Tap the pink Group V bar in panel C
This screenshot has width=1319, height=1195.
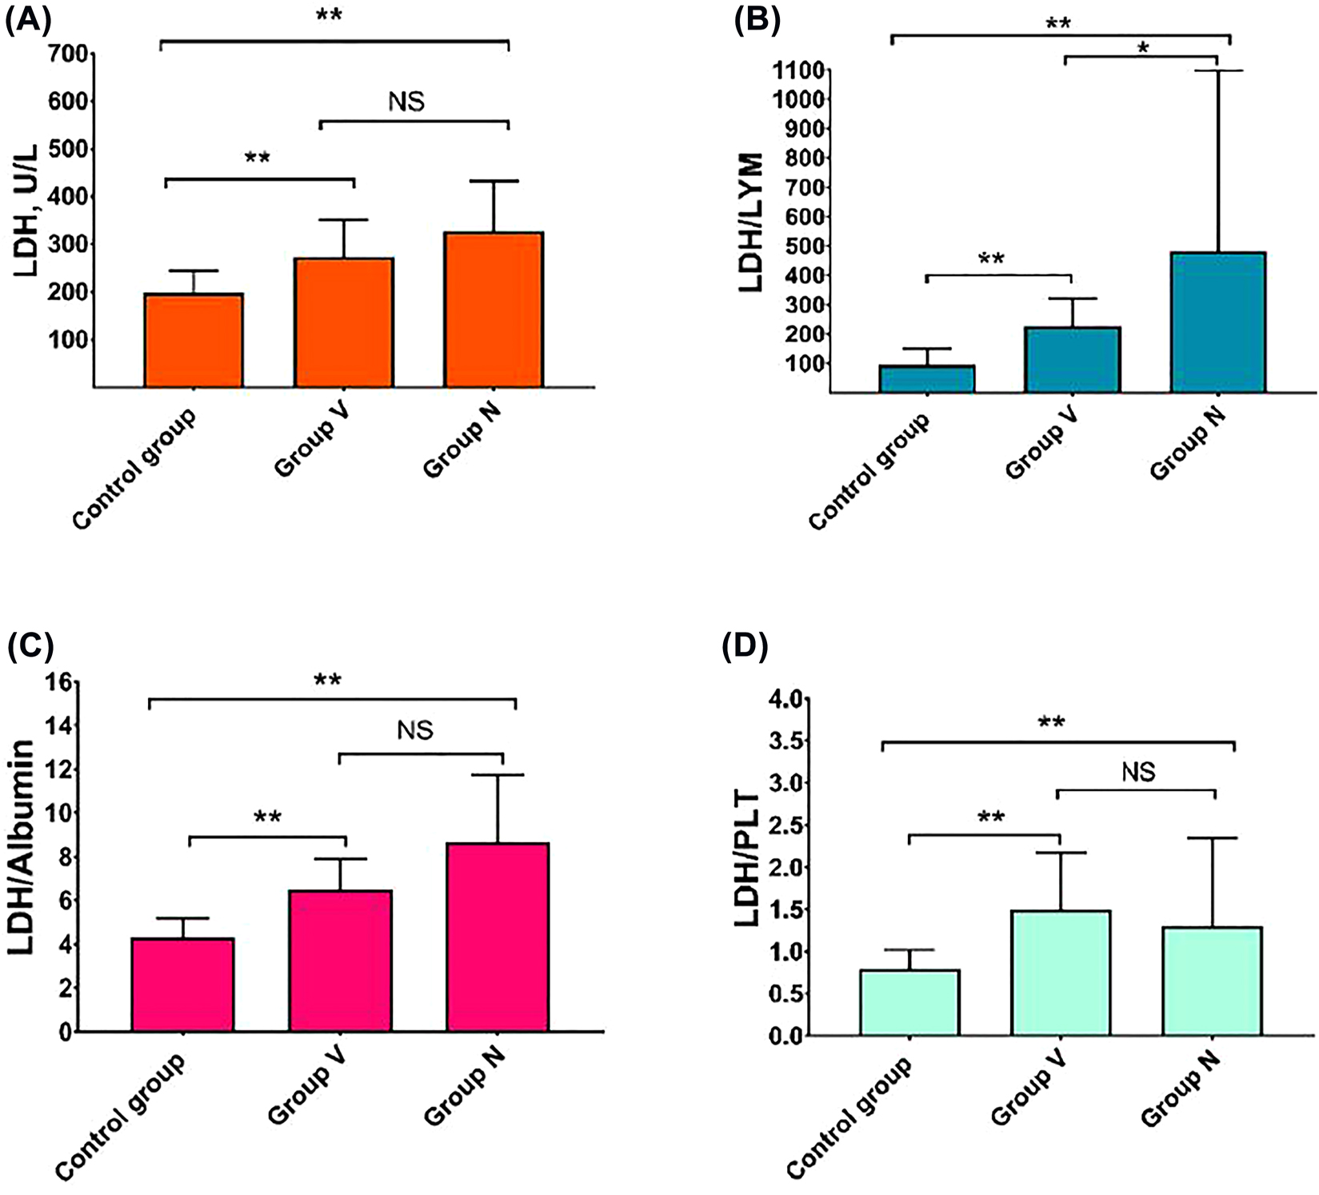click(x=341, y=960)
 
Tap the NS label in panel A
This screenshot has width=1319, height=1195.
click(x=406, y=102)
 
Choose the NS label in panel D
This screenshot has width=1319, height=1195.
click(x=1138, y=772)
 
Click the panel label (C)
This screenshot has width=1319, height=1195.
click(x=30, y=646)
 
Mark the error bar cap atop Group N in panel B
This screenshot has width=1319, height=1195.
click(x=1218, y=71)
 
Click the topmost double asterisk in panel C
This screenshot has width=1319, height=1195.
click(x=328, y=681)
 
